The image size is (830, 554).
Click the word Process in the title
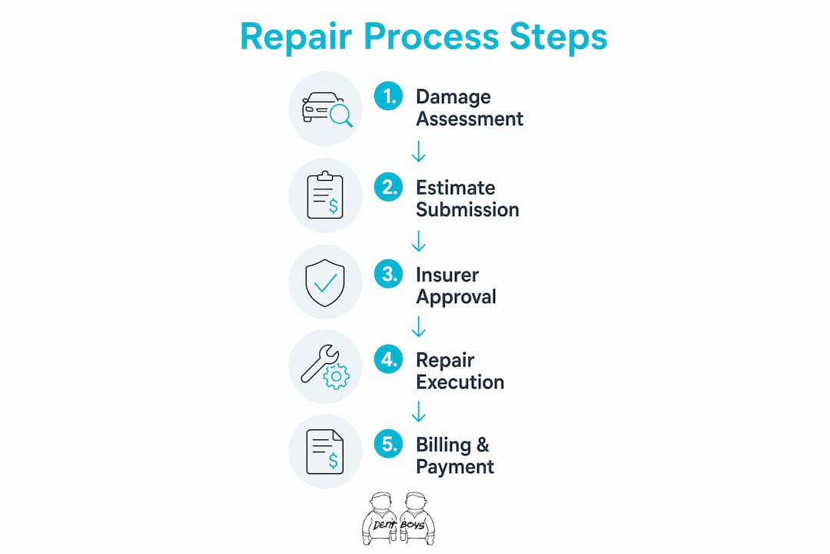coord(431,36)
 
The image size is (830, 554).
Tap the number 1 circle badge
coord(389,96)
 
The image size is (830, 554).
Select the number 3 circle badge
coord(389,274)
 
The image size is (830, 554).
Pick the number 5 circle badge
coord(389,444)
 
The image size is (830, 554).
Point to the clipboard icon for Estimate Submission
coord(325,195)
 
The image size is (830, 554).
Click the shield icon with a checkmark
coord(325,282)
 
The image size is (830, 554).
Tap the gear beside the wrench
coord(336,377)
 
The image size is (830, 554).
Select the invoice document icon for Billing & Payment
coord(325,452)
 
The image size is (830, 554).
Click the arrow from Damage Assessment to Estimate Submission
coord(419,151)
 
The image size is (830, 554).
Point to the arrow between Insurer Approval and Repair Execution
coord(419,326)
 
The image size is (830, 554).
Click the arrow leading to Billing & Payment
coord(419,412)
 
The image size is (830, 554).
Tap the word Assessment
coord(470,118)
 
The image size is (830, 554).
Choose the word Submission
coord(467,209)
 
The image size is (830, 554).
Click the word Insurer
coord(447,275)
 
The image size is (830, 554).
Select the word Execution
coord(460,382)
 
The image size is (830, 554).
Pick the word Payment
coord(455,467)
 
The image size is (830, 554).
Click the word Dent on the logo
coord(384,526)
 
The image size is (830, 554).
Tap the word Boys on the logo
coord(413,525)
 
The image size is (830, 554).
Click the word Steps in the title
coord(558,36)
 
